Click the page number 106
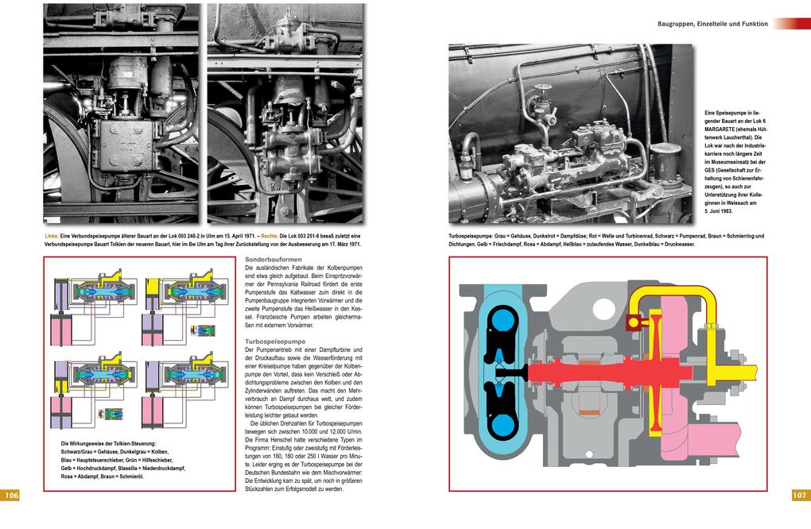point(11,495)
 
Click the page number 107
point(799,495)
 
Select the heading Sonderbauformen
point(273,260)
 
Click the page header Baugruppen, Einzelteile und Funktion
point(712,24)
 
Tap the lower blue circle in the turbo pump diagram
point(503,424)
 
